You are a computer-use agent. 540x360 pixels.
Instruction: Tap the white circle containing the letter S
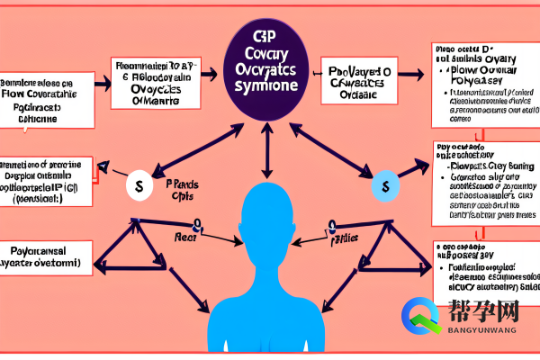[139, 186]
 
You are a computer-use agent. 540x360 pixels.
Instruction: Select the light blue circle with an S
[384, 186]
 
